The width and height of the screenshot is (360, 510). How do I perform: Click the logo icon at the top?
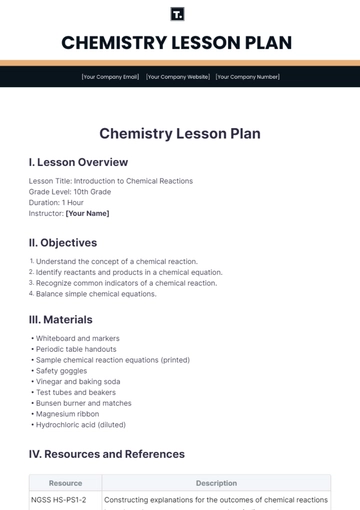tap(179, 14)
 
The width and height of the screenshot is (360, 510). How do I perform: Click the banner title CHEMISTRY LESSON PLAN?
tap(179, 42)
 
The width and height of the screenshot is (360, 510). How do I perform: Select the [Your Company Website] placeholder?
tap(180, 76)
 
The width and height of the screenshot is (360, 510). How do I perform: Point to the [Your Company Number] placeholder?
tap(249, 76)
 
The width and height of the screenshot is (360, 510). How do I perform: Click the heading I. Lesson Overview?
tap(78, 162)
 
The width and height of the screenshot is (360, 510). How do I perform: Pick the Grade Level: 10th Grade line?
tap(71, 192)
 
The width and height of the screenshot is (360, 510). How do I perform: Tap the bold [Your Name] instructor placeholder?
tap(87, 213)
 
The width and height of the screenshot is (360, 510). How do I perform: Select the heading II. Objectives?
tap(63, 242)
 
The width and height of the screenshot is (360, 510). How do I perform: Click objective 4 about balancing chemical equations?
tap(96, 294)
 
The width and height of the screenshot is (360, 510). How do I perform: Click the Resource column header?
tap(65, 483)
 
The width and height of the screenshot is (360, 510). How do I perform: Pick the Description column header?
tap(216, 483)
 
